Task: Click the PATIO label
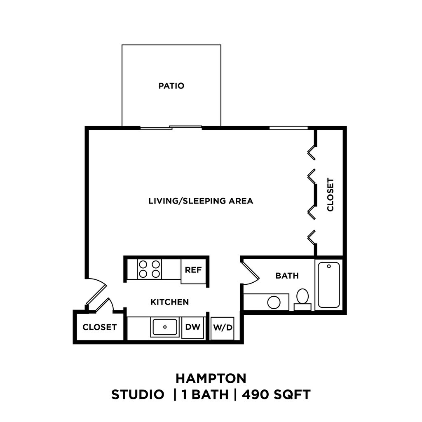coord(171,86)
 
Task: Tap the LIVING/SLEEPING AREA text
coord(200,201)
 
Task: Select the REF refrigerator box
coord(193,270)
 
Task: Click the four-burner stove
coord(149,269)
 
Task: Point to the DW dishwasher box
coord(192,327)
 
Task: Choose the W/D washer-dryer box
coord(223,328)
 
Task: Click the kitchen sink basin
coord(165,327)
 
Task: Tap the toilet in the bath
coord(302,298)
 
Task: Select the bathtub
coord(329,285)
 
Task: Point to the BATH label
coord(287,276)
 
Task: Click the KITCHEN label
coord(169,302)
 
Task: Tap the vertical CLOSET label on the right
coord(330,195)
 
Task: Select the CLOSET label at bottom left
coord(99,327)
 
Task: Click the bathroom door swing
coord(250,272)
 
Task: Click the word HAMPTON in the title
coord(211,378)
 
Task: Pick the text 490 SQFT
coord(276,395)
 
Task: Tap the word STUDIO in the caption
coord(137,395)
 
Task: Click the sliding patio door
coord(171,128)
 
